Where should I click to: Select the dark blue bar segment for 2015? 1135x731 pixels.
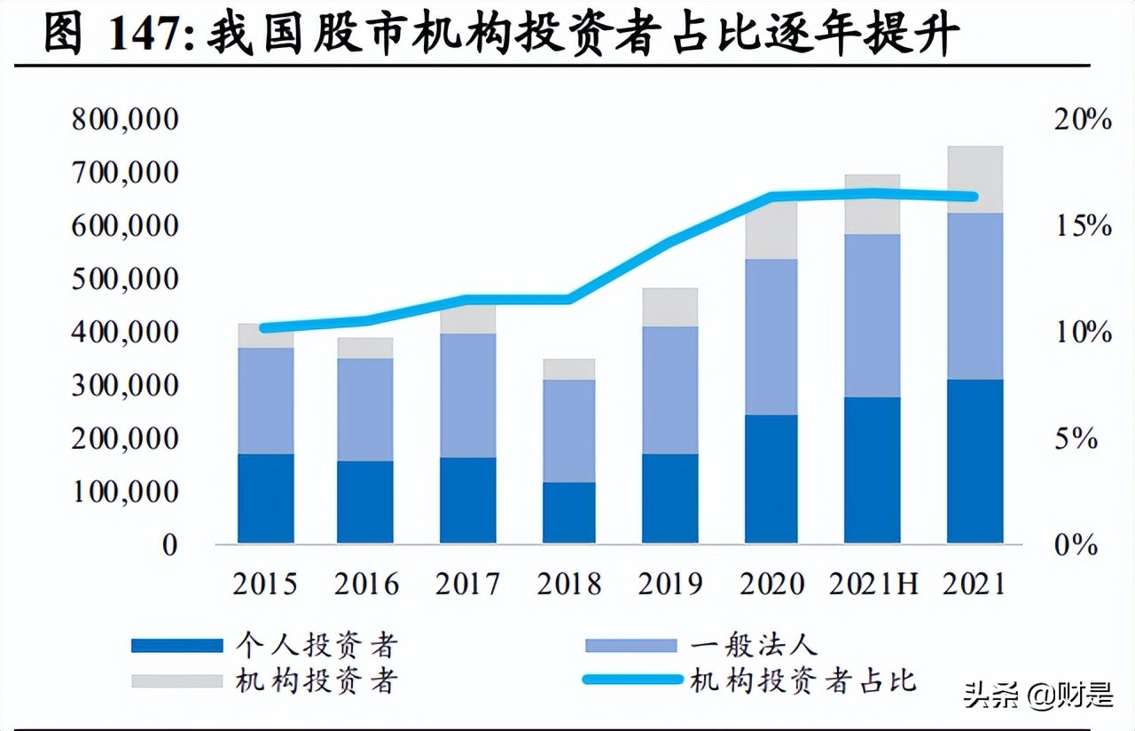[266, 499]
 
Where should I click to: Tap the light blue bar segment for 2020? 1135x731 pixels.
[771, 337]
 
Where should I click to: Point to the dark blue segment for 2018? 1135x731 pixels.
[568, 513]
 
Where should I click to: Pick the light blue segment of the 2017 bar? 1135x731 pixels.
[467, 396]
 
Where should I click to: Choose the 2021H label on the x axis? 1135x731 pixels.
[873, 585]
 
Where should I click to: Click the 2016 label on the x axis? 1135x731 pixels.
[367, 585]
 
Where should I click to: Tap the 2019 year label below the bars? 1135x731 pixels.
[670, 585]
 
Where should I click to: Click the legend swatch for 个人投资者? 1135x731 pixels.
[176, 646]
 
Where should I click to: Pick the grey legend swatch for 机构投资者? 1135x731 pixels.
[176, 681]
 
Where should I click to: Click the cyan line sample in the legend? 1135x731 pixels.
[632, 681]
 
